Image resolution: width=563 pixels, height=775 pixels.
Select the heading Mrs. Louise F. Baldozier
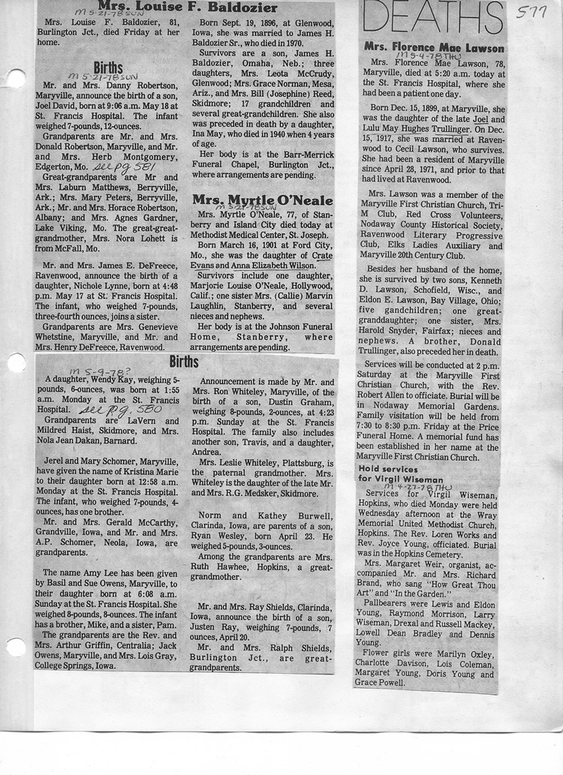pyautogui.click(x=187, y=8)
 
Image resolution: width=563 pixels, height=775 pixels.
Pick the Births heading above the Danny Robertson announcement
pyautogui.click(x=108, y=68)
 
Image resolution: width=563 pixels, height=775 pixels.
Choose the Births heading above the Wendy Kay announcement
pyautogui.click(x=184, y=362)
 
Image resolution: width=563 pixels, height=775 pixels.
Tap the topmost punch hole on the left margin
pyautogui.click(x=15, y=78)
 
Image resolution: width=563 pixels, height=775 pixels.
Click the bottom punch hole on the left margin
pyautogui.click(x=15, y=647)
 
